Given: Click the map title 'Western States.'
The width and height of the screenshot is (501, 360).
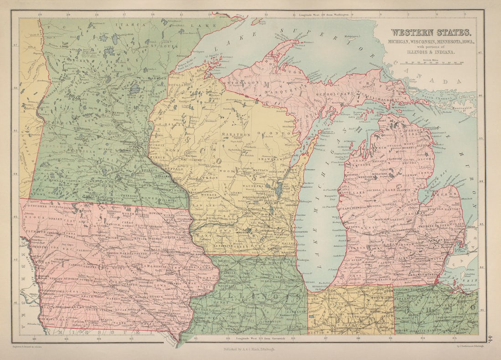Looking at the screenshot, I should (x=430, y=32).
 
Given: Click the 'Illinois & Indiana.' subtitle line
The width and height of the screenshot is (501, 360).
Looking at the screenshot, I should (x=430, y=52).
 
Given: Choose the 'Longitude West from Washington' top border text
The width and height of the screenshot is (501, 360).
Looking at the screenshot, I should (x=324, y=15).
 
